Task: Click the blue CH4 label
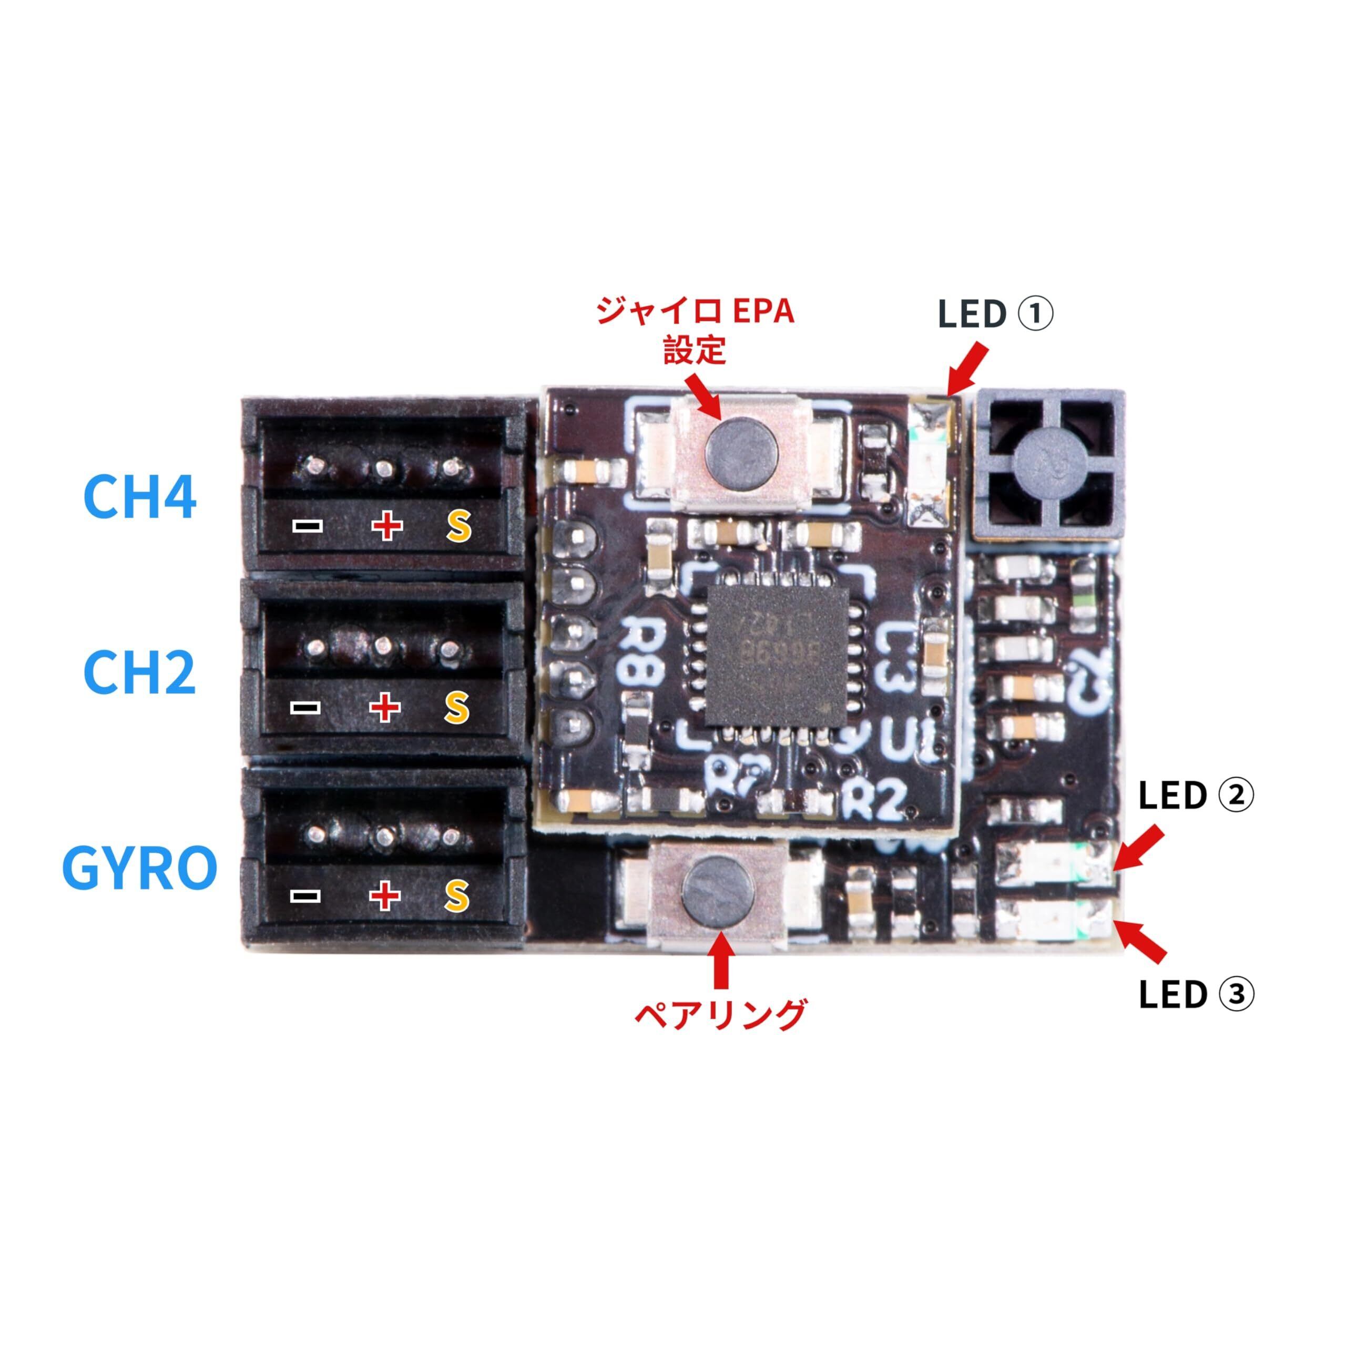point(139,495)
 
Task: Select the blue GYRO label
point(139,868)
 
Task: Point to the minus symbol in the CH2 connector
point(305,708)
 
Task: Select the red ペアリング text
point(720,1015)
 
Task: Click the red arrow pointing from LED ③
point(1140,940)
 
